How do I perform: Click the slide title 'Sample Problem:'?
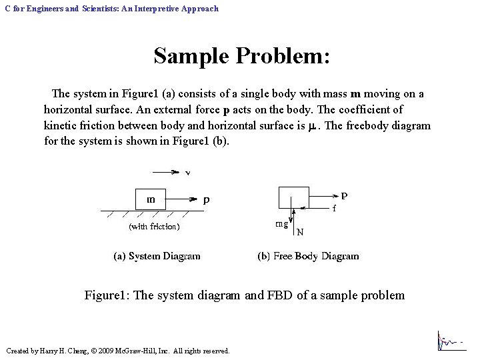(x=241, y=55)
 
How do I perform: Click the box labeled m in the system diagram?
(x=151, y=199)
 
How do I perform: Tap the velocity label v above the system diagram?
(x=188, y=175)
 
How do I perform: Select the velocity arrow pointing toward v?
(x=161, y=172)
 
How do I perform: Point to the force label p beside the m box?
(x=207, y=199)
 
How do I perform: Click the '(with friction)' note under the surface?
(x=154, y=227)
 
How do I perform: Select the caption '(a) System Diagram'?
(x=157, y=256)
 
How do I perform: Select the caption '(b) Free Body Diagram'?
(x=308, y=256)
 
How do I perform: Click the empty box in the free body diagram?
(x=294, y=199)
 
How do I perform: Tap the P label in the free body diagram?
(x=344, y=196)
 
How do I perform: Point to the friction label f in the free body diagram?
(x=334, y=208)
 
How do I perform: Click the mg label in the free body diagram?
(x=282, y=224)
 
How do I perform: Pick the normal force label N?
(x=300, y=233)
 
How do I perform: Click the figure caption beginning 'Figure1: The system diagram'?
(x=244, y=295)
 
